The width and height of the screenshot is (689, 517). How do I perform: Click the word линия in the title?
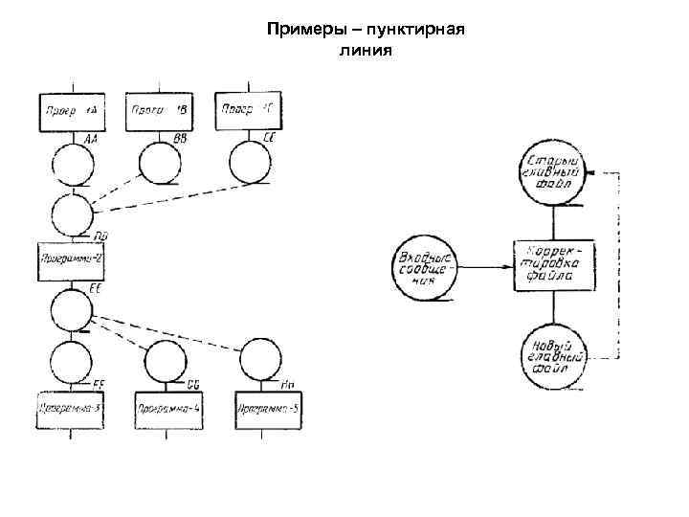[365, 50]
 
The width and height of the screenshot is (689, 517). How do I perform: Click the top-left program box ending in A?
[72, 113]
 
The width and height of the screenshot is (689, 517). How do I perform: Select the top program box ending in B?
[160, 113]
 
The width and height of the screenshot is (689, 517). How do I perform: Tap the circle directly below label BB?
[160, 166]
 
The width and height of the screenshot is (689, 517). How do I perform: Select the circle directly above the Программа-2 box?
[72, 214]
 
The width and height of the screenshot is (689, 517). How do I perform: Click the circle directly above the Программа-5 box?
[260, 360]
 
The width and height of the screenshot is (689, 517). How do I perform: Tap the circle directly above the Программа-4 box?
[166, 361]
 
